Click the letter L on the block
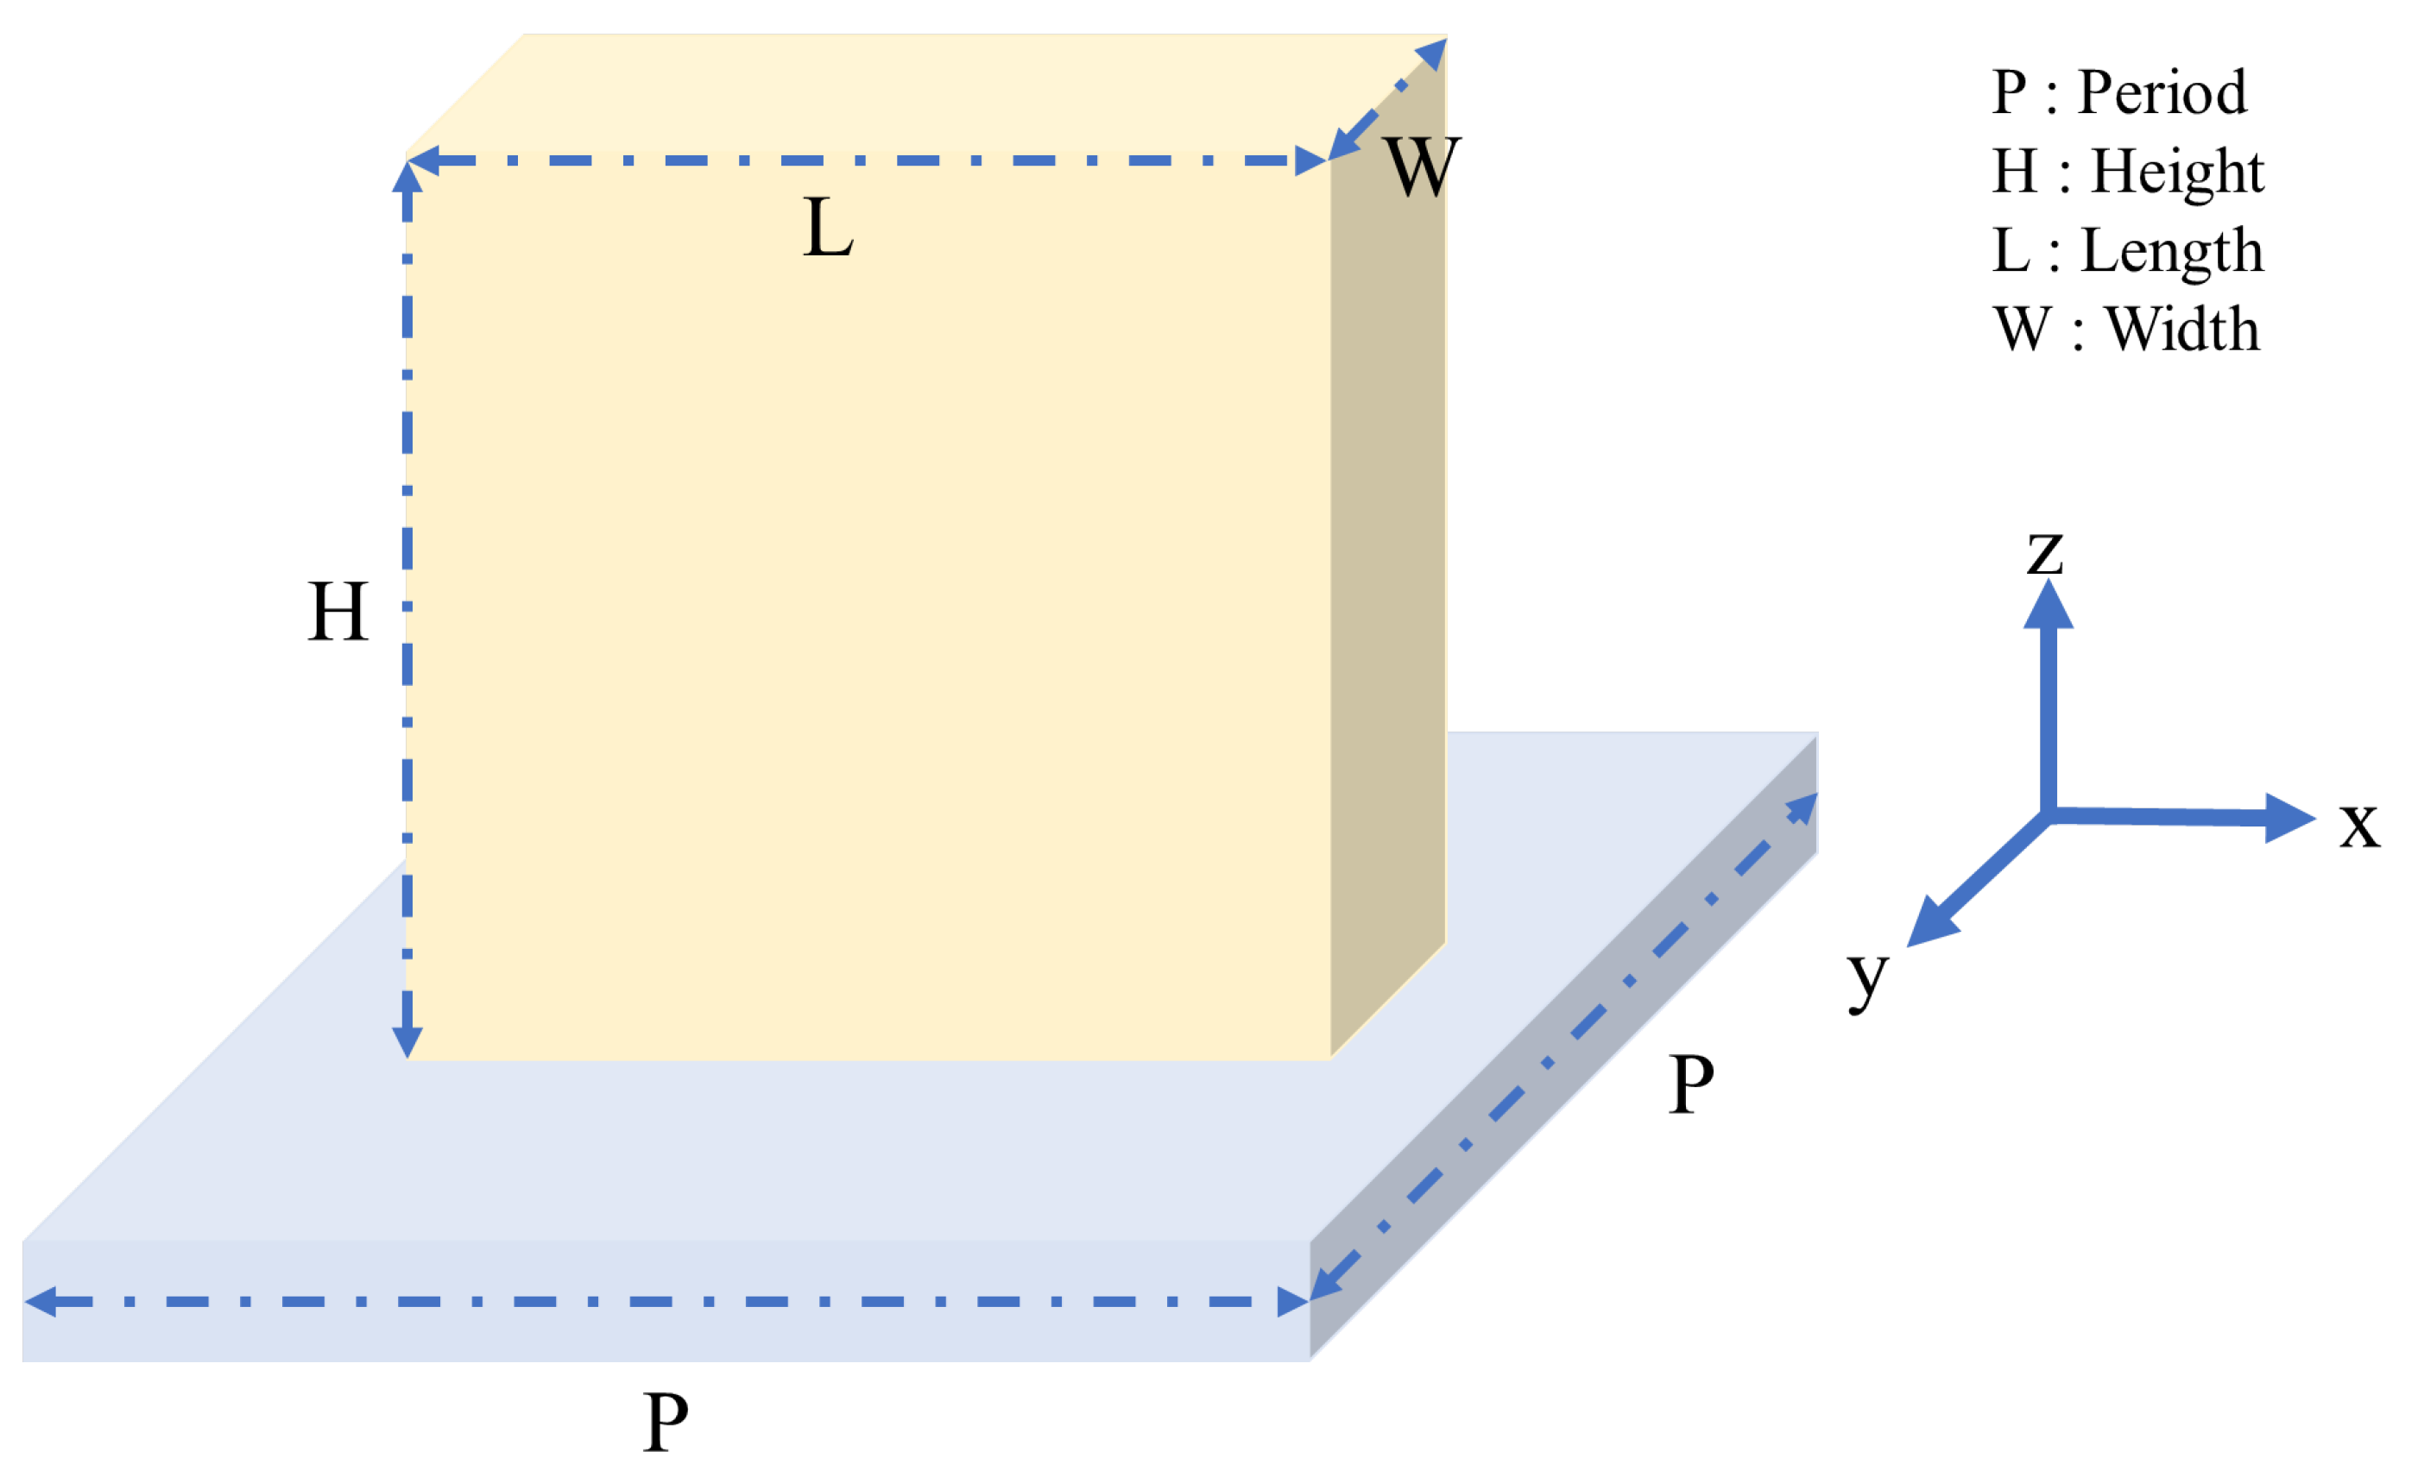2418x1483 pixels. [827, 228]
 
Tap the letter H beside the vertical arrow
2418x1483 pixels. [338, 611]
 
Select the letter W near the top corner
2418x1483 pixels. [1421, 167]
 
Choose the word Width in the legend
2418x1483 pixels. [2182, 330]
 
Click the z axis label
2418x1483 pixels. [2045, 552]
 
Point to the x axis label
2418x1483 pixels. [2359, 824]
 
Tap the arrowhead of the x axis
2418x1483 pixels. [2291, 818]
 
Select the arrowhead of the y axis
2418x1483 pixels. [1929, 925]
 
